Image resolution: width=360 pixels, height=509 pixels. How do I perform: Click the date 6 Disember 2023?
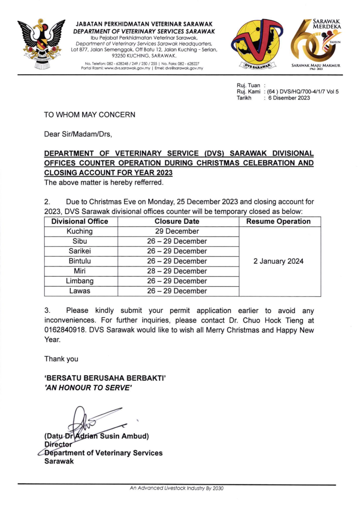click(289, 98)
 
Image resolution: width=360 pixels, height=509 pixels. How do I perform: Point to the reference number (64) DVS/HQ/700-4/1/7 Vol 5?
click(303, 92)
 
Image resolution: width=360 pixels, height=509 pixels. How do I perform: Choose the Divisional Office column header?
click(80, 222)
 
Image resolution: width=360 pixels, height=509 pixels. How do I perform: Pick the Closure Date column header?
click(177, 222)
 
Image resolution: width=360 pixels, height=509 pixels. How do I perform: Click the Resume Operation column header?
click(278, 222)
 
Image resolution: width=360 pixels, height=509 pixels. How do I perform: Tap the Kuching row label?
click(80, 231)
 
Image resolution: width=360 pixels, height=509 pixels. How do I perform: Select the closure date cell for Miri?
click(177, 271)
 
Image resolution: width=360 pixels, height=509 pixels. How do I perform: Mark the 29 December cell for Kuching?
click(177, 231)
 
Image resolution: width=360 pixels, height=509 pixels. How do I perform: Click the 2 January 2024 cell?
click(278, 261)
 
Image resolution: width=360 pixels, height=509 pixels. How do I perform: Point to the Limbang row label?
click(80, 281)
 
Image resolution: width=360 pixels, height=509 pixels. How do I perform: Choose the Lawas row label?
click(80, 291)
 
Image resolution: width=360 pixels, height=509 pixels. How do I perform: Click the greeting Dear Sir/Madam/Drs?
click(78, 135)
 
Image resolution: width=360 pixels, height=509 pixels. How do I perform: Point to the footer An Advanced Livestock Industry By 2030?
click(176, 489)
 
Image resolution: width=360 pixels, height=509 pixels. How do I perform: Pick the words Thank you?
click(61, 359)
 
